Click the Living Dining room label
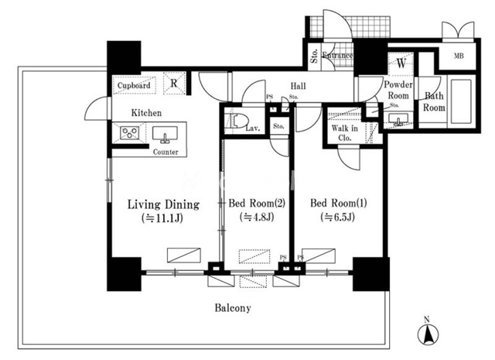tap(163, 204)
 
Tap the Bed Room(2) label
tap(257, 203)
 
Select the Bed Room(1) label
tap(339, 203)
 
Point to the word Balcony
tap(233, 308)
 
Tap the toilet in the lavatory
tap(237, 121)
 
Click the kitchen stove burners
tap(130, 132)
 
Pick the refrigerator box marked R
tap(174, 83)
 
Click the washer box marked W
tap(401, 63)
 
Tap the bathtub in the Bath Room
tap(461, 101)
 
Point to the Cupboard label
tap(134, 85)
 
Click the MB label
tap(459, 56)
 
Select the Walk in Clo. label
tap(344, 133)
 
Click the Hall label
tap(298, 86)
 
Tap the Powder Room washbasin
tap(398, 119)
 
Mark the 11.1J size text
tap(162, 218)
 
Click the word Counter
tap(166, 152)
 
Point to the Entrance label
tap(337, 55)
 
